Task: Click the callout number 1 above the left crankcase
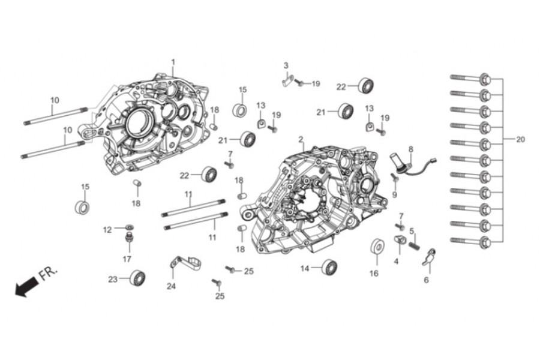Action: coord(173,62)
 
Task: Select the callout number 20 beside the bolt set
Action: coord(520,139)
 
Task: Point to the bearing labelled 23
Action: coord(138,278)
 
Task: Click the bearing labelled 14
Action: coord(329,267)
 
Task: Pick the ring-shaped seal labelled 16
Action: coord(376,248)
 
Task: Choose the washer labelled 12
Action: coord(127,229)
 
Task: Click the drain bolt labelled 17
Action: coord(127,241)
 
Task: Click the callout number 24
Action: coord(171,286)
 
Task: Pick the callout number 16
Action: coord(374,274)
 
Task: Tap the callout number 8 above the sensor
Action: coord(411,149)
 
